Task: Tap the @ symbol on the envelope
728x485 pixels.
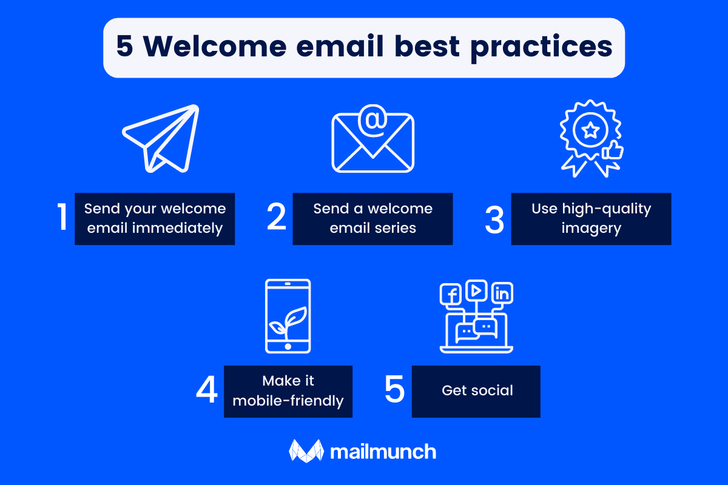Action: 373,121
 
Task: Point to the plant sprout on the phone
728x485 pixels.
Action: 288,320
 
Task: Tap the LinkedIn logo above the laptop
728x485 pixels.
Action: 502,294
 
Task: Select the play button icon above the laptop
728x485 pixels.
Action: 477,290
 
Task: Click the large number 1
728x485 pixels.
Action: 62,218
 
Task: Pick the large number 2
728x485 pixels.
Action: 277,218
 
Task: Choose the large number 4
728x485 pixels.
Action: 207,390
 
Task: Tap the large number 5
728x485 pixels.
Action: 394,390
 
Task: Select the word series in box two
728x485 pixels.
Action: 394,229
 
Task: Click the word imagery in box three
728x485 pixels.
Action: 591,229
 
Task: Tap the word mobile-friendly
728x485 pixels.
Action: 288,401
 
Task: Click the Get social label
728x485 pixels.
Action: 477,391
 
